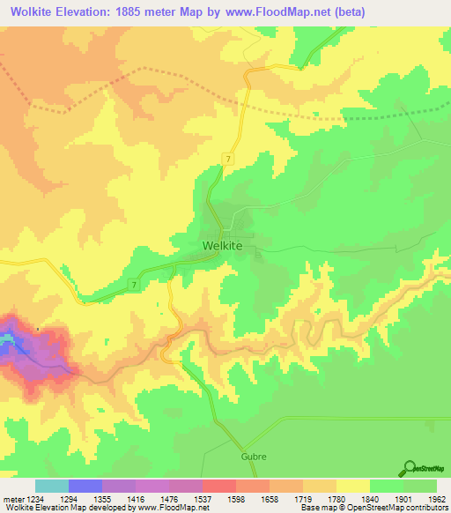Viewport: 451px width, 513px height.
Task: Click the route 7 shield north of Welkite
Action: tap(228, 158)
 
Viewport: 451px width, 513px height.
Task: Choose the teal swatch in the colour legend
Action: tap(52, 486)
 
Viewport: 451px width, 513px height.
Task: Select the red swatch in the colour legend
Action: tap(219, 486)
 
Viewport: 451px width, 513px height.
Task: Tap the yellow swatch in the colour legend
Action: tap(353, 486)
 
